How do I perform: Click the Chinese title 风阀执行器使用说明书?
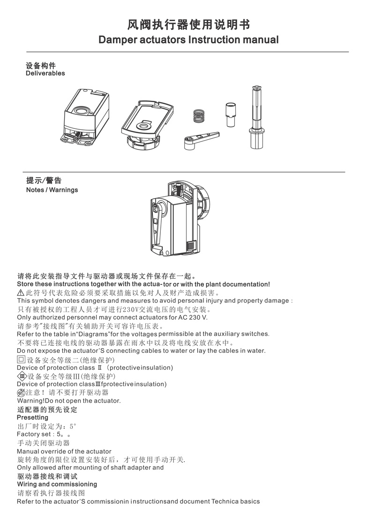point(188,25)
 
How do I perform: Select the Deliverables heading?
point(45,73)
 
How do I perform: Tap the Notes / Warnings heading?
point(52,190)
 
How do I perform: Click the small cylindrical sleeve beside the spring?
point(230,114)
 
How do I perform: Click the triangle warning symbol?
point(21,292)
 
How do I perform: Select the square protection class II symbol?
point(21,360)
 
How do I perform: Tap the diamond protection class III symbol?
point(22,376)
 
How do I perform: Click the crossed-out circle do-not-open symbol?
point(21,393)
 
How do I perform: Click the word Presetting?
point(32,417)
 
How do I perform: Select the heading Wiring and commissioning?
point(57,484)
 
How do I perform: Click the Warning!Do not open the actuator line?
point(68,401)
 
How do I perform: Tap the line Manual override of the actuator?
point(64,451)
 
